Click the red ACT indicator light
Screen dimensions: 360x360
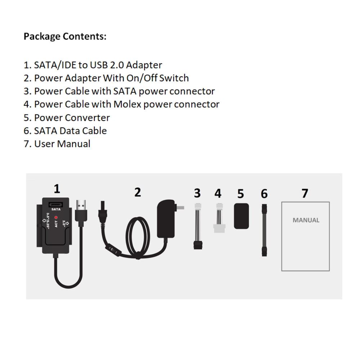pyautogui.click(x=56, y=217)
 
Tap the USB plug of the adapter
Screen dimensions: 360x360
pyautogui.click(x=81, y=213)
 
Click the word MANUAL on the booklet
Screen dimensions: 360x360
pyautogui.click(x=306, y=220)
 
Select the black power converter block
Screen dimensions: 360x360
pyautogui.click(x=241, y=216)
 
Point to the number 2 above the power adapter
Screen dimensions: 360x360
pyautogui.click(x=138, y=192)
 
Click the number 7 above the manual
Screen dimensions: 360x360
pyautogui.click(x=305, y=193)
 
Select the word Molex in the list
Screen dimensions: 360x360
pyautogui.click(x=127, y=104)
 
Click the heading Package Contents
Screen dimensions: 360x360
pyautogui.click(x=65, y=36)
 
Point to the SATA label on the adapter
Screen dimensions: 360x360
pyautogui.click(x=56, y=210)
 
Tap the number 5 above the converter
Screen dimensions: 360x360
pyautogui.click(x=240, y=194)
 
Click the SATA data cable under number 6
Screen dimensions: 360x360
pyautogui.click(x=264, y=230)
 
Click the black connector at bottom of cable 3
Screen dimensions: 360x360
pyautogui.click(x=198, y=245)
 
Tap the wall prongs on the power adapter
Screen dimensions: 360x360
pyautogui.click(x=179, y=207)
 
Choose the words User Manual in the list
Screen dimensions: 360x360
pyautogui.click(x=62, y=144)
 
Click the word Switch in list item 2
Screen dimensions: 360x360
pyautogui.click(x=174, y=78)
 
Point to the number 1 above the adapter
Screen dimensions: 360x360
pyautogui.click(x=57, y=189)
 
